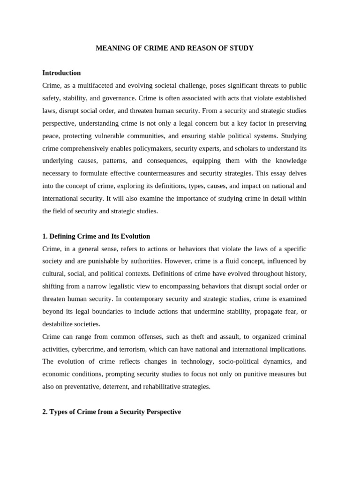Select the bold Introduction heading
point(61,73)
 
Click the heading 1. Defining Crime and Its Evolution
point(96,236)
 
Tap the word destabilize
point(58,324)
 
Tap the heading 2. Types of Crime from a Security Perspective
point(112,412)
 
